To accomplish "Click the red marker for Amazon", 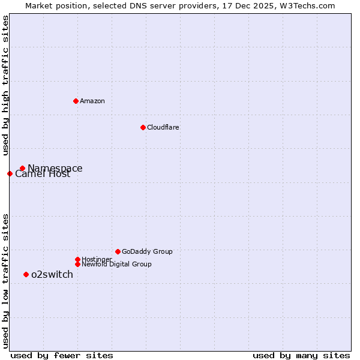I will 76,101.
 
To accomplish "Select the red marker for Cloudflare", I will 143,127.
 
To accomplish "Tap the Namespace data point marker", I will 22,169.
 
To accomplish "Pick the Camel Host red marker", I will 10,173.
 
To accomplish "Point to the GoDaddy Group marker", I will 118,251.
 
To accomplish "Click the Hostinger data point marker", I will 77,259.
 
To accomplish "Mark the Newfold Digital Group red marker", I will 77,264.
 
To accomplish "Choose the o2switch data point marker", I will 26,274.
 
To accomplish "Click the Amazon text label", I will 92,101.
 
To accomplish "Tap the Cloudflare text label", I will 163,127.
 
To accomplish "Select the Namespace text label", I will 55,168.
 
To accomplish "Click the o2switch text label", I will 52,274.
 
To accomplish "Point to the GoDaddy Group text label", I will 147,251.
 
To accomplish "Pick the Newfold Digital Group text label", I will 116,264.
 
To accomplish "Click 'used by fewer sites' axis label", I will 62,355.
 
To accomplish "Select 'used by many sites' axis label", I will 301,355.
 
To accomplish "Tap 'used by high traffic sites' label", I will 5,85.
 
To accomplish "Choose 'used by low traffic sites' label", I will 5,280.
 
